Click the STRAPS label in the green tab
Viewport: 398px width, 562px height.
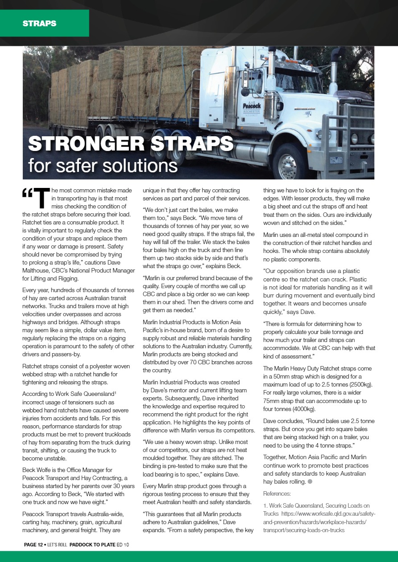coord(40,24)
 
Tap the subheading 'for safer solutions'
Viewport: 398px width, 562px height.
coord(103,165)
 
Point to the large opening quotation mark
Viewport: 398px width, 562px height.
coord(27,195)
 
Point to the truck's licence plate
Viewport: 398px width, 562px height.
coord(336,160)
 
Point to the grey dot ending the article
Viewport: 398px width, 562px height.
coord(309,482)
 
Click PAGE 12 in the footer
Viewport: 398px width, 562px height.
coord(33,544)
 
